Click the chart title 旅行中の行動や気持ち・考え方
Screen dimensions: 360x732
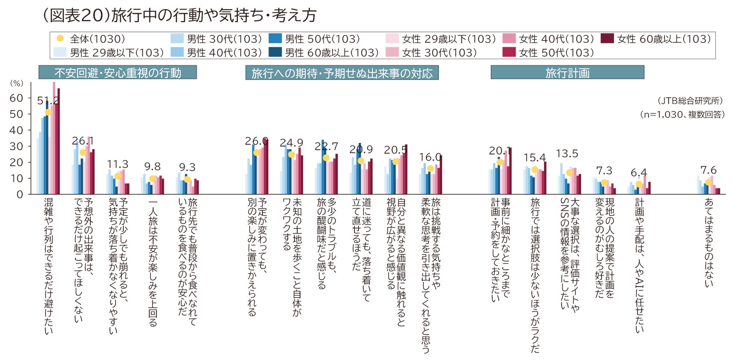click(x=179, y=15)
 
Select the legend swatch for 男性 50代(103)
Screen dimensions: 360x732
click(x=275, y=39)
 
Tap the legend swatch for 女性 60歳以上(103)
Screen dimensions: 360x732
click(x=607, y=39)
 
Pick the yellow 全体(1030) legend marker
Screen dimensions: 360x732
click(x=60, y=38)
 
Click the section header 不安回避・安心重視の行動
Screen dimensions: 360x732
click(x=117, y=72)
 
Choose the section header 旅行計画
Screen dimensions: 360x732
click(x=567, y=72)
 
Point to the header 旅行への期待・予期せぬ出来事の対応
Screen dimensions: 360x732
click(x=342, y=73)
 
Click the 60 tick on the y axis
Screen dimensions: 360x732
click(x=16, y=98)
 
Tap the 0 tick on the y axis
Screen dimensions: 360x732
click(x=20, y=194)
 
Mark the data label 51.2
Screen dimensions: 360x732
click(x=48, y=100)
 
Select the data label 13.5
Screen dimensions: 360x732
click(x=567, y=154)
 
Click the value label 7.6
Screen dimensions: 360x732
click(x=708, y=170)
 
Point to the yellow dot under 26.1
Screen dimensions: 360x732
click(x=83, y=152)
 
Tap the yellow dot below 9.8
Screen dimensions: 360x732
click(x=152, y=179)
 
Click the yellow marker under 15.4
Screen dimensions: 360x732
click(x=535, y=170)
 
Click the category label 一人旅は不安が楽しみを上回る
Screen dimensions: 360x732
click(x=153, y=263)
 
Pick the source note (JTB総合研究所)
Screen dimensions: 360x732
click(x=690, y=101)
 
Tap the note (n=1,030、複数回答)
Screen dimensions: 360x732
click(x=682, y=114)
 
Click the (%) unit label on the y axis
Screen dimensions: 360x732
click(x=17, y=83)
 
